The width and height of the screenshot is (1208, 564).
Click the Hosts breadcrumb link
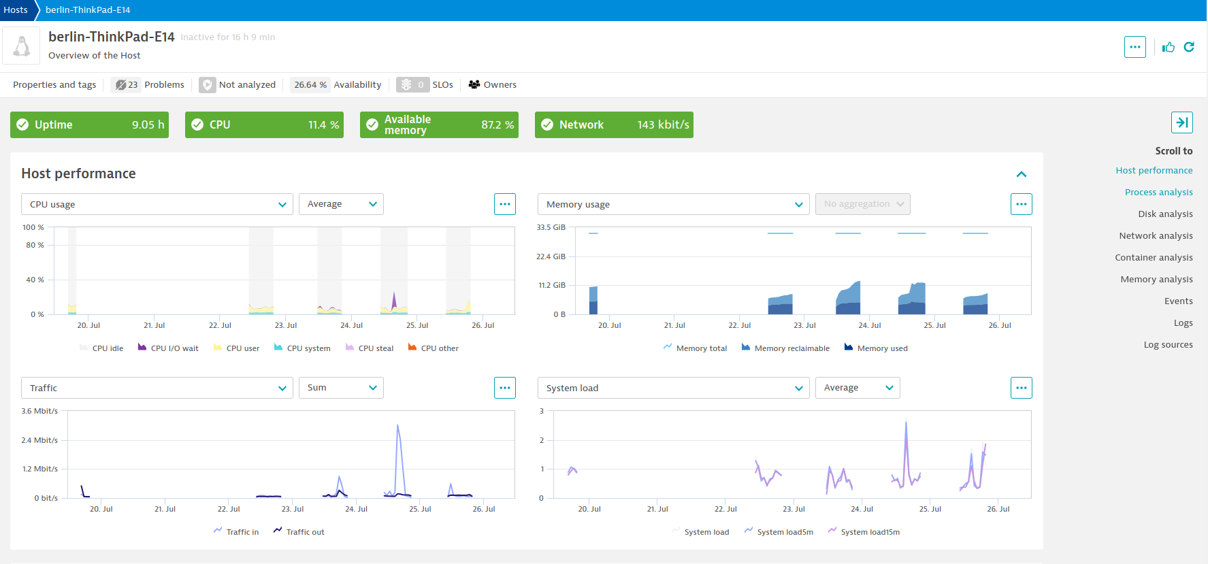pyautogui.click(x=16, y=10)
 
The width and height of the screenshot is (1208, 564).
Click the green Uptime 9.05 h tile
pyautogui.click(x=89, y=125)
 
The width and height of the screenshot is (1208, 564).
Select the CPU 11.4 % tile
pyautogui.click(x=264, y=125)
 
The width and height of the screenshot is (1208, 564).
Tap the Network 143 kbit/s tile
pyautogui.click(x=614, y=125)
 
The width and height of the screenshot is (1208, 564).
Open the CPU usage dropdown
pyautogui.click(x=157, y=204)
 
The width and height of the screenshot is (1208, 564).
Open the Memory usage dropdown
pyautogui.click(x=673, y=204)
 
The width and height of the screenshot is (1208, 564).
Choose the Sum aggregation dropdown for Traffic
pyautogui.click(x=341, y=388)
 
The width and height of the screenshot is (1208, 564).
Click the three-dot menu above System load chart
pyautogui.click(x=1021, y=388)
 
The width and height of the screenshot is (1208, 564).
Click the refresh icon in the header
pyautogui.click(x=1189, y=47)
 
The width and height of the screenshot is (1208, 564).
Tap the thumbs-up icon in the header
pyautogui.click(x=1169, y=47)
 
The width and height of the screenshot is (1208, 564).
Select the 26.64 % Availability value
pyautogui.click(x=310, y=85)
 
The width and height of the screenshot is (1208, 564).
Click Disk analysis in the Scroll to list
pyautogui.click(x=1165, y=214)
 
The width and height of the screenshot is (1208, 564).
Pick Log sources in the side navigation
pyautogui.click(x=1168, y=345)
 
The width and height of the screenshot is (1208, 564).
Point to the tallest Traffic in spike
pyautogui.click(x=397, y=427)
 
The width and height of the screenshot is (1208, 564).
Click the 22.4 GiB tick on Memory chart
pyautogui.click(x=551, y=256)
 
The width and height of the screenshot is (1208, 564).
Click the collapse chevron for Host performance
pyautogui.click(x=1021, y=174)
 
